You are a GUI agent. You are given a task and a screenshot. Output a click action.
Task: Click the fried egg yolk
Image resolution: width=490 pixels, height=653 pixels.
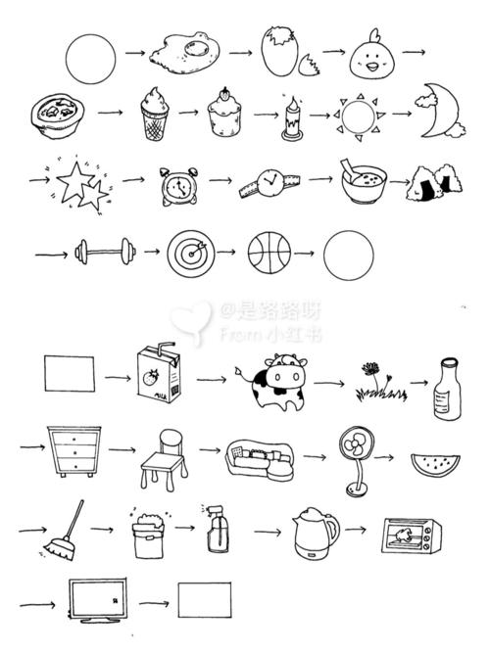202,46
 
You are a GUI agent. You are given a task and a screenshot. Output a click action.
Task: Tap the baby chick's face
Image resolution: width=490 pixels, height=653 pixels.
372,61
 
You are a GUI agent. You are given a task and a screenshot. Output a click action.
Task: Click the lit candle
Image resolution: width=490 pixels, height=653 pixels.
291,119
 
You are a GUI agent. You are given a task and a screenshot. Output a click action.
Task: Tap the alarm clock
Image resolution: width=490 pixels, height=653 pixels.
176,186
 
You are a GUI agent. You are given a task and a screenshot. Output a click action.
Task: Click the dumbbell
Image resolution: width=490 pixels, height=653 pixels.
102,252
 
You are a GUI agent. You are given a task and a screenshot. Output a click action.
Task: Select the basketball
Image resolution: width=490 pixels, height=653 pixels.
269,254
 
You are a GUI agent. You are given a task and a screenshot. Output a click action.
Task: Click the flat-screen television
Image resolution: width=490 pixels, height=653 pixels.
103,599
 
